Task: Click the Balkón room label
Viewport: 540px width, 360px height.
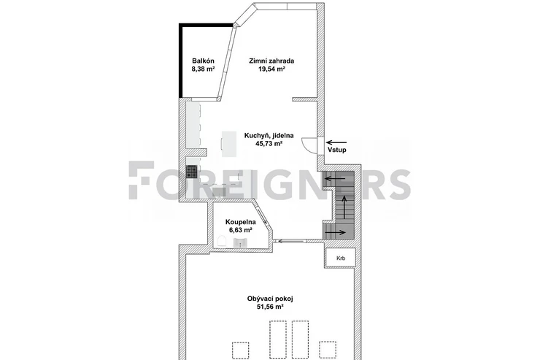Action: point(203,61)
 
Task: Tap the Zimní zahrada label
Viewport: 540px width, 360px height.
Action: point(271,61)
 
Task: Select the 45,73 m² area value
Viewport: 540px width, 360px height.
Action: point(269,144)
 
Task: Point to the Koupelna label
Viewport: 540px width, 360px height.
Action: point(240,222)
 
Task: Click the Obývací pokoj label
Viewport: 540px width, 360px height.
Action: point(270,299)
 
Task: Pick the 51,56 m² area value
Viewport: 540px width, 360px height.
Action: point(270,307)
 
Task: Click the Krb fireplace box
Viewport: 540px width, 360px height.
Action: point(341,258)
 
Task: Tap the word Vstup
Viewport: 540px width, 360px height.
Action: point(337,150)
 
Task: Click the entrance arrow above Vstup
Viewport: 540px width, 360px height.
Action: point(336,142)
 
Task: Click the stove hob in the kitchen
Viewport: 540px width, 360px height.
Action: point(192,172)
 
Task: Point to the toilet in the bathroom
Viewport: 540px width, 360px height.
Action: point(222,241)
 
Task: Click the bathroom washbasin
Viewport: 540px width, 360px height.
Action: point(240,242)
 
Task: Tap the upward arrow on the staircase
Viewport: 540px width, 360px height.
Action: point(344,207)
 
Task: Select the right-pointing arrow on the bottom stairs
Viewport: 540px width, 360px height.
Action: point(336,232)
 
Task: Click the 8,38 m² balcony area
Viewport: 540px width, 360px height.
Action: point(203,69)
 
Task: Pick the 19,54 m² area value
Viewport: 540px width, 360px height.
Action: point(271,69)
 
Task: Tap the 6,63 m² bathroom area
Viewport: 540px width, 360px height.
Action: point(240,230)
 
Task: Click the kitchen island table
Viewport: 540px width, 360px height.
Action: point(229,144)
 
